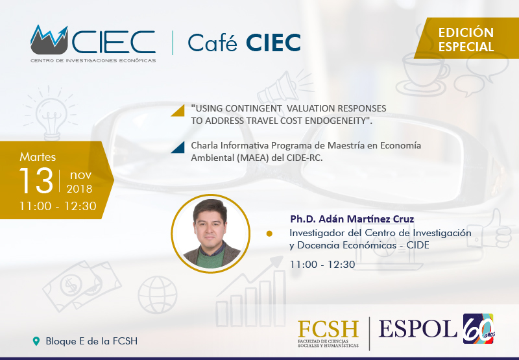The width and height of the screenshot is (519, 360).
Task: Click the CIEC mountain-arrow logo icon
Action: pyautogui.click(x=49, y=40)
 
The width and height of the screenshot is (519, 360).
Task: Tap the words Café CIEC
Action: pyautogui.click(x=245, y=42)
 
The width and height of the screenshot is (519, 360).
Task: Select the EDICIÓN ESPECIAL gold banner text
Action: pyautogui.click(x=466, y=40)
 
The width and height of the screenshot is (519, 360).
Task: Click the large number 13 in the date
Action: pyautogui.click(x=36, y=180)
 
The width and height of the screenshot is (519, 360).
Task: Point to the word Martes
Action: pyautogui.click(x=38, y=157)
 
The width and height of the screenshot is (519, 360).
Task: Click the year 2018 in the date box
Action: pyautogui.click(x=79, y=189)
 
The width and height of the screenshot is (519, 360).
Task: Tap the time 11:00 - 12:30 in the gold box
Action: pyautogui.click(x=58, y=206)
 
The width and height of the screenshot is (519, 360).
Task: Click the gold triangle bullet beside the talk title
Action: pyautogui.click(x=178, y=110)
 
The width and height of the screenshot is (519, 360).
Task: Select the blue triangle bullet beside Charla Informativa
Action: pyautogui.click(x=178, y=147)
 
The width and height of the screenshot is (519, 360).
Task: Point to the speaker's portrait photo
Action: pyautogui.click(x=210, y=234)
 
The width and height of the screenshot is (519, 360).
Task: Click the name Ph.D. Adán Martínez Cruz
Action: pyautogui.click(x=352, y=219)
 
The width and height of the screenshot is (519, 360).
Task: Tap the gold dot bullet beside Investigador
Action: pyautogui.click(x=269, y=234)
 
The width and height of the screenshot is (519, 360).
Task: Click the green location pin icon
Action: pyautogui.click(x=36, y=341)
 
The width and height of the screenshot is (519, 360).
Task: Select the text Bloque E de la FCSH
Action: pyautogui.click(x=91, y=341)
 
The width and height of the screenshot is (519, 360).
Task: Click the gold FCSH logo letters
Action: pyautogui.click(x=328, y=329)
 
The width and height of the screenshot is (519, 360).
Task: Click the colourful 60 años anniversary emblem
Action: pyautogui.click(x=479, y=329)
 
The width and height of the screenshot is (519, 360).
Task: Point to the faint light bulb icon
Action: pyautogui.click(x=51, y=114)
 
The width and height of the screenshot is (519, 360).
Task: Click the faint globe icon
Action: pyautogui.click(x=158, y=295)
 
